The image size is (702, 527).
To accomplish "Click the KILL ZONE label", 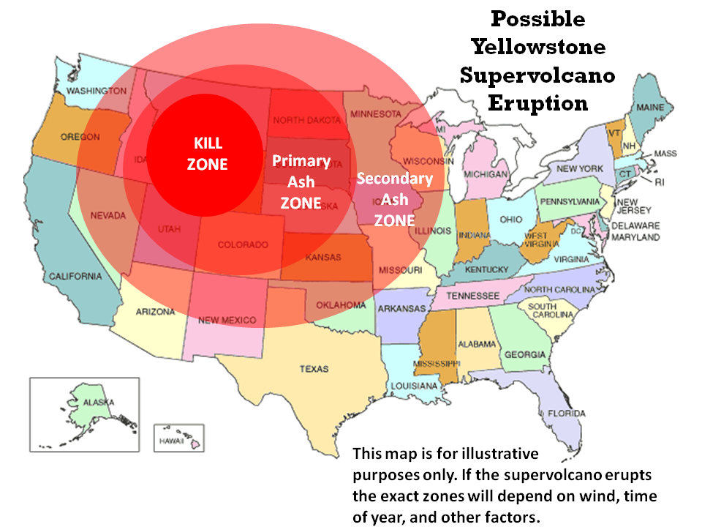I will tap(207, 154).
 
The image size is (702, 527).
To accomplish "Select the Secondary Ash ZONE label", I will tap(394, 199).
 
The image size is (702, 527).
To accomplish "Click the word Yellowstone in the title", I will tap(538, 48).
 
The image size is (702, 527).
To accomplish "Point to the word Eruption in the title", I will tap(538, 102).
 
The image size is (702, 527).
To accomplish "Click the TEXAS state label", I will tap(314, 369).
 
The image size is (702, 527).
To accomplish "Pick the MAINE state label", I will tap(650, 108).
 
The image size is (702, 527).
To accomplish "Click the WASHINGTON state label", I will tap(97, 91).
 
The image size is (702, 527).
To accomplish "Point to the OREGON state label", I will tap(80, 137).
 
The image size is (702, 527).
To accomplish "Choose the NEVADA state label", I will tap(108, 215).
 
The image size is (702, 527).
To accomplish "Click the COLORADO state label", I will tap(243, 245).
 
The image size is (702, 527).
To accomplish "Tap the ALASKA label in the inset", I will tap(98, 403).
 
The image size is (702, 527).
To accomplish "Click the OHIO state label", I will tap(511, 219).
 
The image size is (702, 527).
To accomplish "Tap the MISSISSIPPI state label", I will tap(437, 363).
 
